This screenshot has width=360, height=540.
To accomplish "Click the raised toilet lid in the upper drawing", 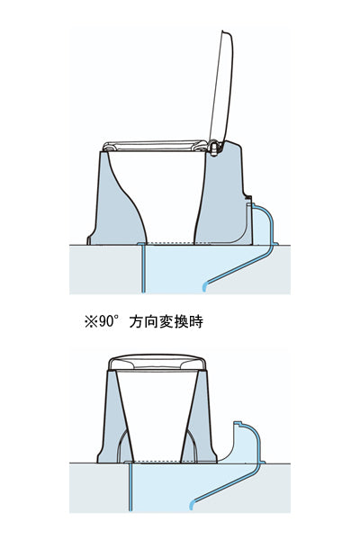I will [227, 85].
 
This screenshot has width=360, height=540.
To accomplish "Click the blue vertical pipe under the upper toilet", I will [143, 270].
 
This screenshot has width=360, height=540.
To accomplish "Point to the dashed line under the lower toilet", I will [158, 461].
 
